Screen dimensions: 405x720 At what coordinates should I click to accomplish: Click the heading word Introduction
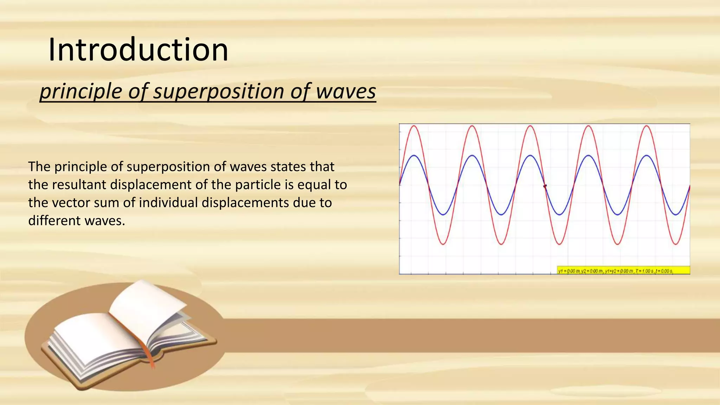[138, 50]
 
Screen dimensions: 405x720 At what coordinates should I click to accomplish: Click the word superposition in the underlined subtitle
[219, 91]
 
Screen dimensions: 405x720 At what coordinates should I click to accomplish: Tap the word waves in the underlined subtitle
[346, 91]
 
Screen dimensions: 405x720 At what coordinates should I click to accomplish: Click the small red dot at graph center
[545, 186]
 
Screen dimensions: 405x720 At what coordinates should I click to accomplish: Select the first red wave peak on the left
[414, 126]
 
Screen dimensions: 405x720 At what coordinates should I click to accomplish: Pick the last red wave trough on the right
[675, 244]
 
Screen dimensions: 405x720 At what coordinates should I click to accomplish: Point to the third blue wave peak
[531, 155]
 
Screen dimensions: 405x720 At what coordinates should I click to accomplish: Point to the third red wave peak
[531, 126]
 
